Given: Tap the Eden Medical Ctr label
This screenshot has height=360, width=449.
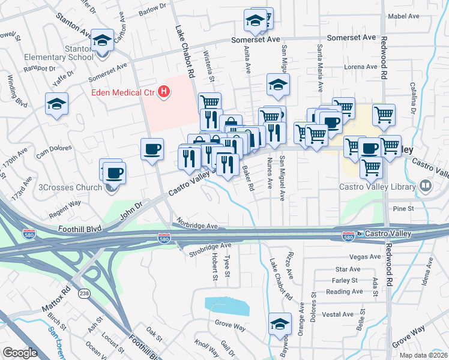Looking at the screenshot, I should click(x=123, y=92).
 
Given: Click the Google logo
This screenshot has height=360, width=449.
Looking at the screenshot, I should click(x=20, y=352).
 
